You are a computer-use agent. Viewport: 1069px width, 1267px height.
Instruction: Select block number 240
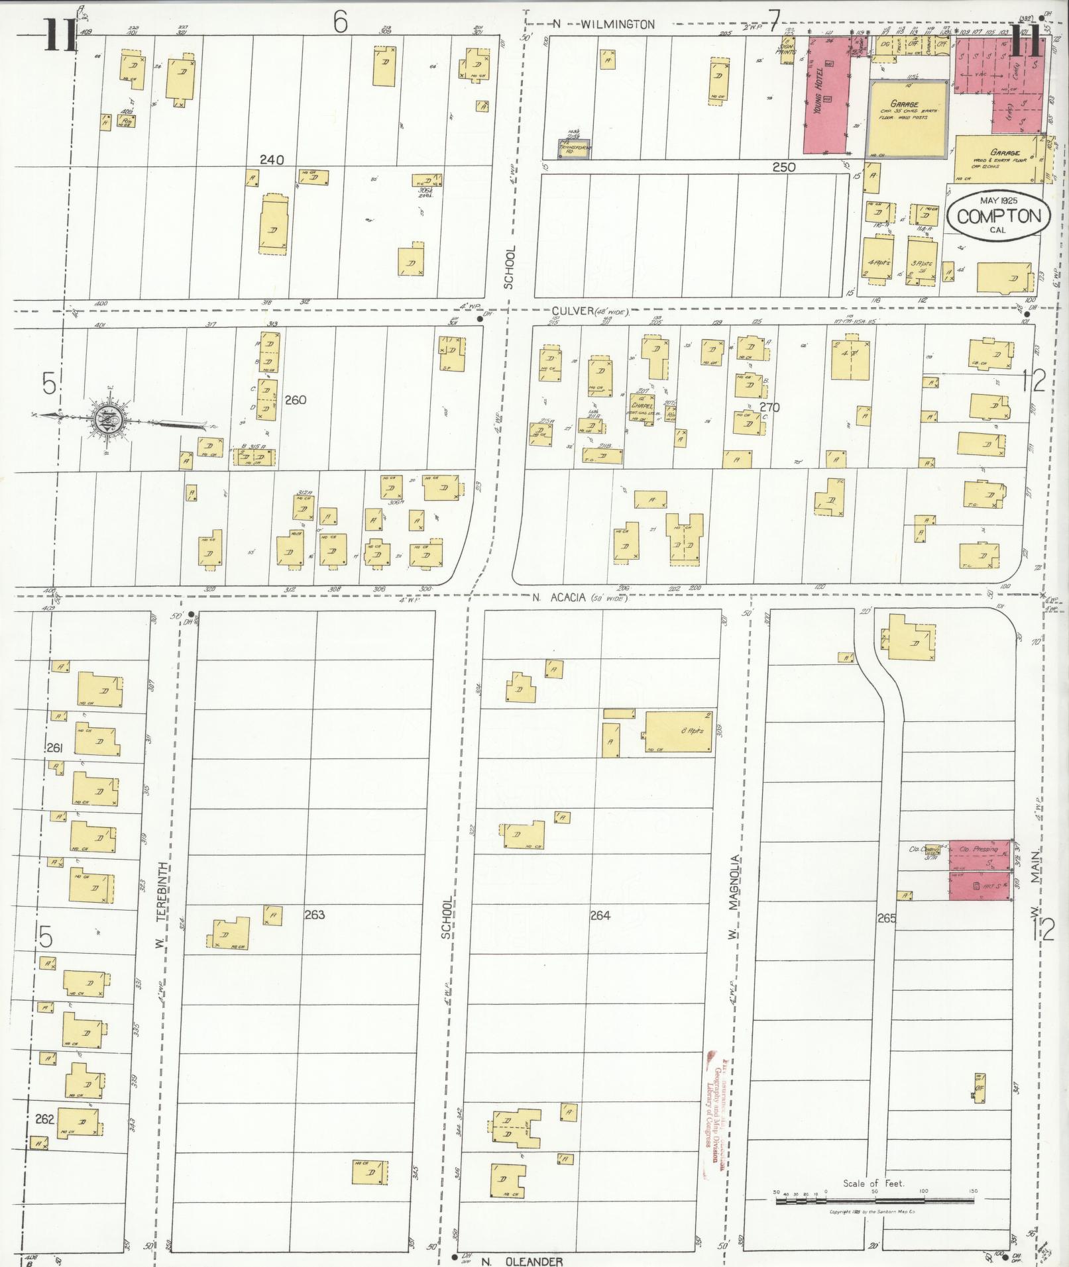pyautogui.click(x=272, y=160)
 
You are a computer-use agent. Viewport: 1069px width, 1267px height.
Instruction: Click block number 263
pyautogui.click(x=314, y=915)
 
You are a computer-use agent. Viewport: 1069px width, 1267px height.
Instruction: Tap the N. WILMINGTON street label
pyautogui.click(x=604, y=25)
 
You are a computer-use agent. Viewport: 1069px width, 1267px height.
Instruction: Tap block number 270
pyautogui.click(x=769, y=407)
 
